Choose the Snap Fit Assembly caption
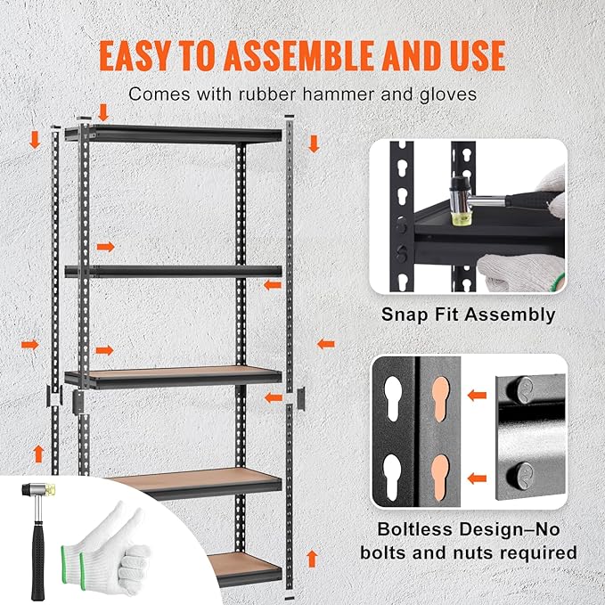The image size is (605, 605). tap(468, 315)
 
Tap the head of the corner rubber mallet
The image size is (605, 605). tap(38, 487)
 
